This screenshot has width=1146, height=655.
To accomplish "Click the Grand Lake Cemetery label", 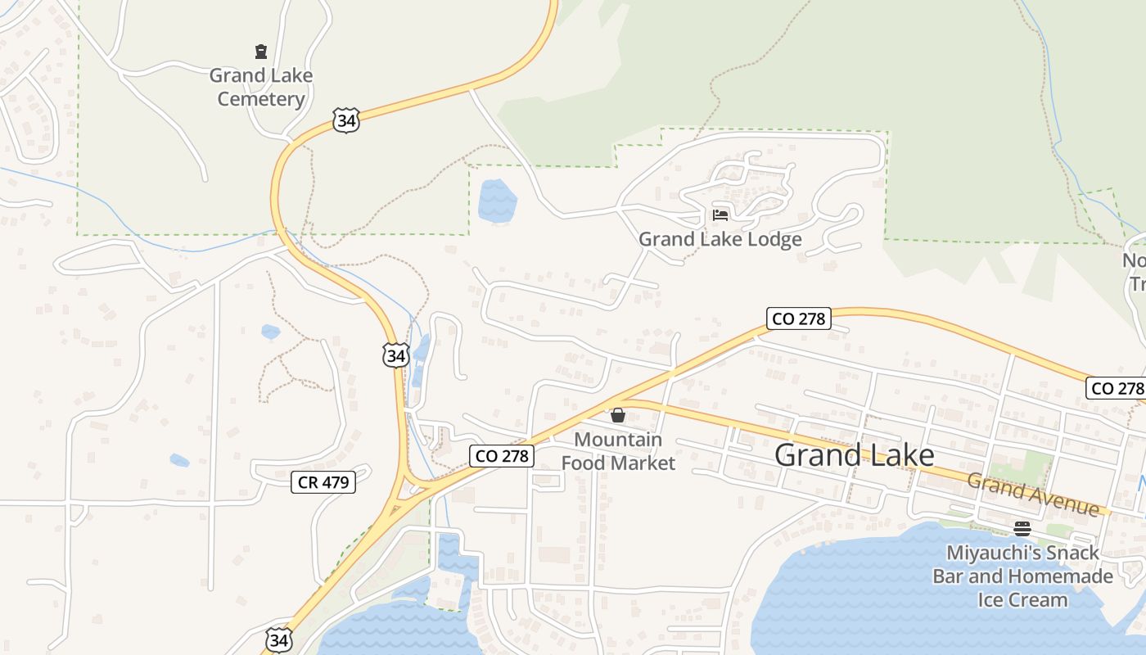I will [261, 87].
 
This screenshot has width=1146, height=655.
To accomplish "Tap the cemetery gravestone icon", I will [261, 52].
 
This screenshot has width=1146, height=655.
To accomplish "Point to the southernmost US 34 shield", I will [278, 639].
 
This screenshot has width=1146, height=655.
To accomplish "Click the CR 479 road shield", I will [323, 482].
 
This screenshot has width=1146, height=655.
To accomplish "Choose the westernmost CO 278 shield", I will [503, 456].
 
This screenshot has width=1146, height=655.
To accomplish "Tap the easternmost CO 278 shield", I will [1115, 388].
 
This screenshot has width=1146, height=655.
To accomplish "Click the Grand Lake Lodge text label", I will [720, 239].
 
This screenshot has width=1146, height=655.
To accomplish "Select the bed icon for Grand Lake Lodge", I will [720, 215].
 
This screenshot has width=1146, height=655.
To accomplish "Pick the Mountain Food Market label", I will [618, 451].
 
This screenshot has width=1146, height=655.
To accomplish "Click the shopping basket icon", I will [618, 415].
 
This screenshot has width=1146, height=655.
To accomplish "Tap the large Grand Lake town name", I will [854, 455].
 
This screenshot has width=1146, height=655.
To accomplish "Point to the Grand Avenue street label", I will [1033, 494].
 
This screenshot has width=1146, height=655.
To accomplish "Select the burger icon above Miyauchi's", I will [1022, 528].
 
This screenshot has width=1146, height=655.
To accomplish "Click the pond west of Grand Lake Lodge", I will [497, 201].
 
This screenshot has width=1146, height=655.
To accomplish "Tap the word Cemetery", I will [261, 99].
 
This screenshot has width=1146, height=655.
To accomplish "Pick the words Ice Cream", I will [1022, 599].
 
